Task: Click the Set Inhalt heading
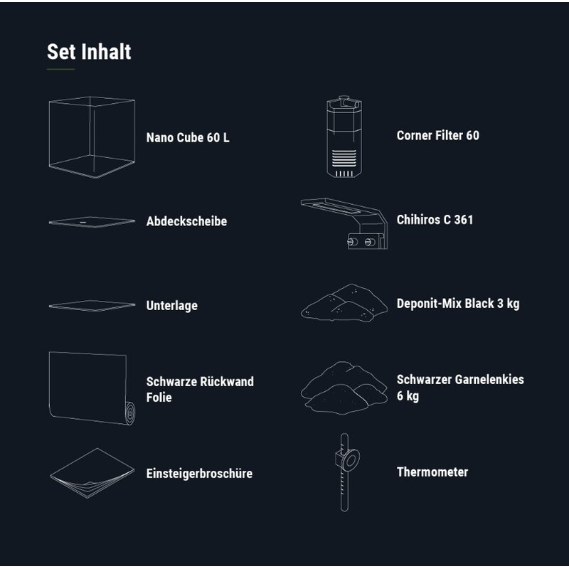[89, 51]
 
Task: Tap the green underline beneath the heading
[60, 69]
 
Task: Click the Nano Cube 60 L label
[188, 137]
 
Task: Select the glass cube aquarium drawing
[92, 137]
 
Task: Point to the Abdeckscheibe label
[186, 221]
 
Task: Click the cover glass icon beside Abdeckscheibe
[92, 222]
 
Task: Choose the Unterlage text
[171, 306]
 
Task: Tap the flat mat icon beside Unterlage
[92, 306]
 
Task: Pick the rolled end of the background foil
[130, 413]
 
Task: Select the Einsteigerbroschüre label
[199, 473]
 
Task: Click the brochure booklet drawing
[92, 473]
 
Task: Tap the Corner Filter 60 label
[437, 135]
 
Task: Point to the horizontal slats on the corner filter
[344, 158]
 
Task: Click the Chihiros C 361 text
[435, 220]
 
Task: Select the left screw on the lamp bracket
[352, 241]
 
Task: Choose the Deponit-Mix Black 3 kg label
[458, 304]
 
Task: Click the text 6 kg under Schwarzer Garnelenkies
[408, 395]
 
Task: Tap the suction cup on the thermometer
[349, 460]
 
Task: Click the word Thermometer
[432, 472]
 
